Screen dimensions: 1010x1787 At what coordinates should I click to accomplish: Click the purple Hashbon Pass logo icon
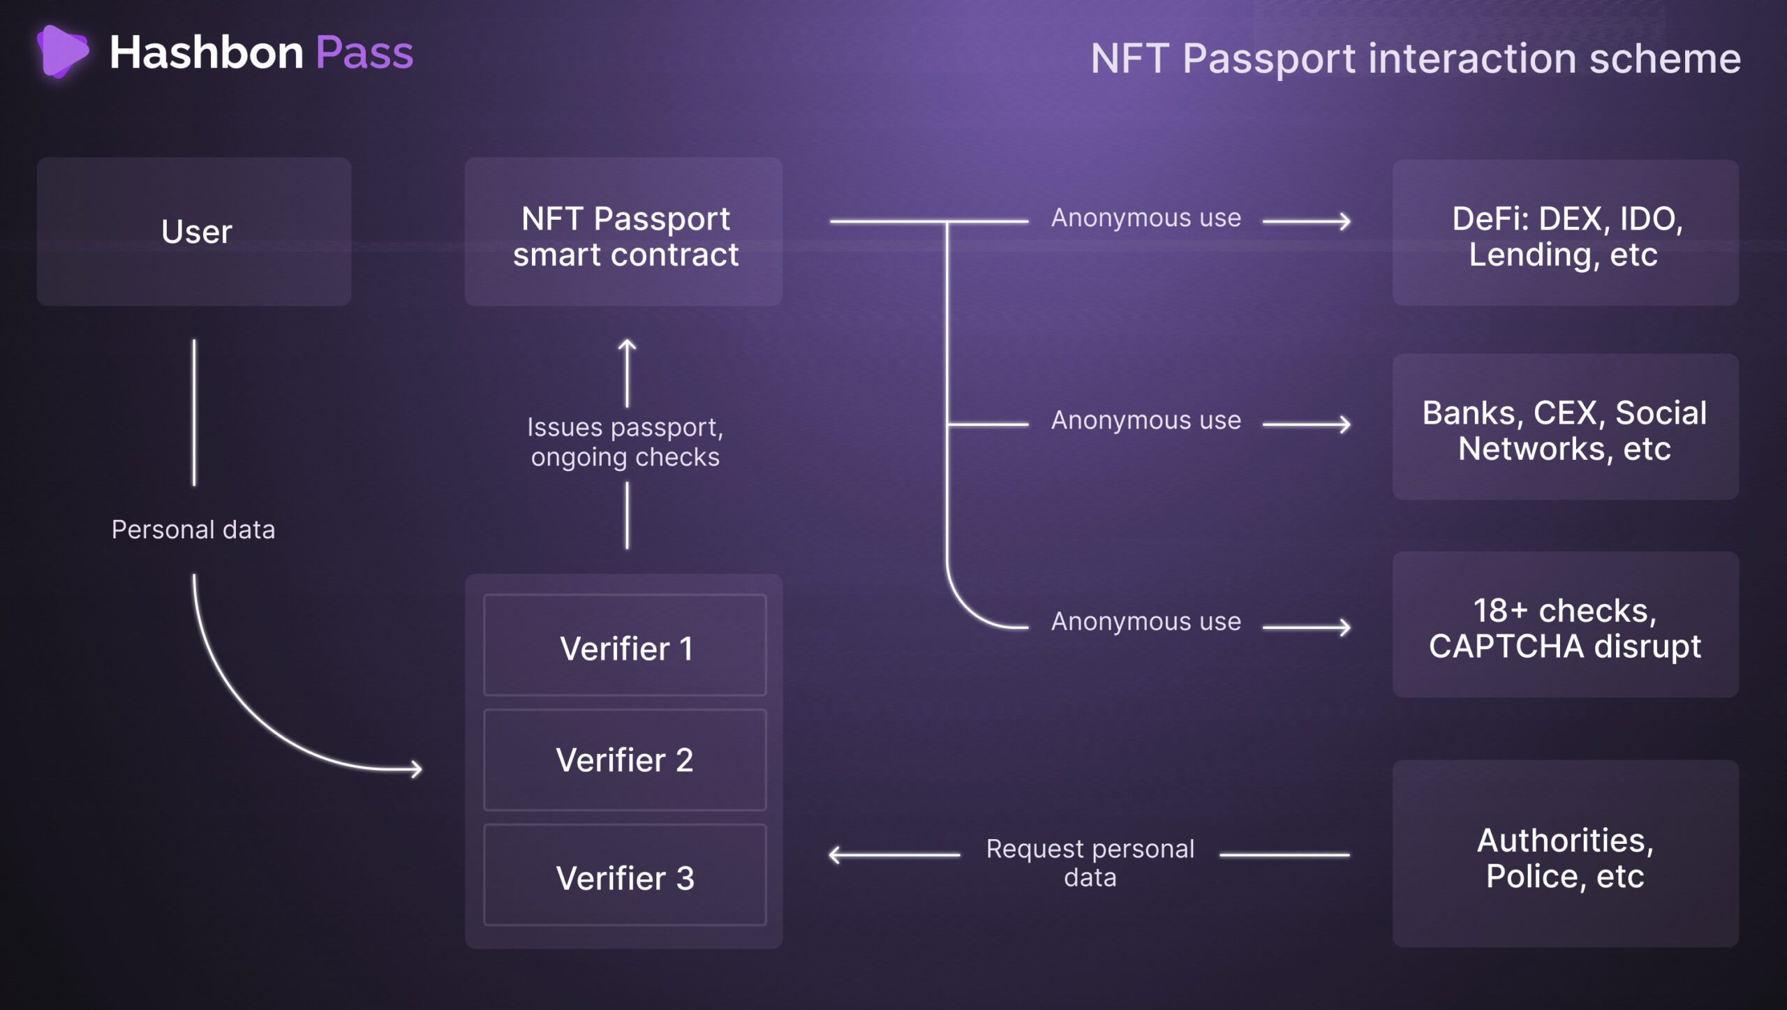pyautogui.click(x=62, y=51)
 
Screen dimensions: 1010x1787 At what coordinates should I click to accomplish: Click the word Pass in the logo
pyautogui.click(x=364, y=53)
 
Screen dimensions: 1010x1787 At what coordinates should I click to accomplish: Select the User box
pyautogui.click(x=194, y=232)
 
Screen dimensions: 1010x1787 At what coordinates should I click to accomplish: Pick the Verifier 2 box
pyautogui.click(x=625, y=760)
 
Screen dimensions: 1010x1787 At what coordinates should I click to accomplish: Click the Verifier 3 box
pyautogui.click(x=625, y=876)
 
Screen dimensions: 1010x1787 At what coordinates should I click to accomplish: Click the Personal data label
pyautogui.click(x=193, y=530)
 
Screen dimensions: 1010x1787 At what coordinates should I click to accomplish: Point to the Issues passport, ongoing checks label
pyautogui.click(x=625, y=442)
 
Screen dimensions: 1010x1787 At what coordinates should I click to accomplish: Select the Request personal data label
pyautogui.click(x=1090, y=863)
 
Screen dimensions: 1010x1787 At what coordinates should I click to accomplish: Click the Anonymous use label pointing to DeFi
pyautogui.click(x=1146, y=218)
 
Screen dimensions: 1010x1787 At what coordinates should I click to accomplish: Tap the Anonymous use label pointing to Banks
pyautogui.click(x=1146, y=420)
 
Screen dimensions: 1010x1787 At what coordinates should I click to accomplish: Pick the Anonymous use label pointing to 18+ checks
pyautogui.click(x=1146, y=621)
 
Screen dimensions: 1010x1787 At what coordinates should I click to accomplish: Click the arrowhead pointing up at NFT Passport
pyautogui.click(x=627, y=344)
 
